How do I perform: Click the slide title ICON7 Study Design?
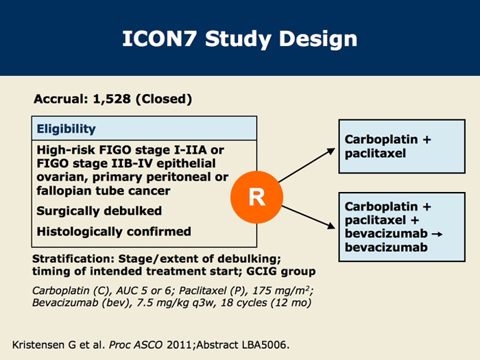pyautogui.click(x=239, y=38)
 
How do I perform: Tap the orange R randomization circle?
pyautogui.click(x=256, y=197)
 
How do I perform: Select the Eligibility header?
pyautogui.click(x=67, y=128)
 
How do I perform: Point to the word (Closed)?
pyautogui.click(x=163, y=99)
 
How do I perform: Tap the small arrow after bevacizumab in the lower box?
pyautogui.click(x=437, y=235)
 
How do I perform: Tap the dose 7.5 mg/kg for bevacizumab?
pyautogui.click(x=147, y=302)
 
